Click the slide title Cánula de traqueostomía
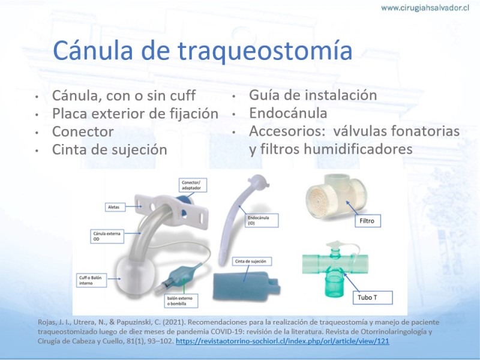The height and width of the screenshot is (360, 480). coord(202,50)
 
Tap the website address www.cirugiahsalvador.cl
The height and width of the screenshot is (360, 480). coord(425,8)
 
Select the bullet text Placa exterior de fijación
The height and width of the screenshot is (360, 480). coord(135,113)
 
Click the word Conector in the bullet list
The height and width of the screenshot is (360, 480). coord(83,131)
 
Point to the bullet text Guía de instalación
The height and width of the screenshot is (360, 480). coord(313,95)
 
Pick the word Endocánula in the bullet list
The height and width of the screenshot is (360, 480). coord(288,113)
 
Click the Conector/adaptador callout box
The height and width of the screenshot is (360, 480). coord(193,185)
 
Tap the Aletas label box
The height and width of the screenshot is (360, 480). coord(115,207)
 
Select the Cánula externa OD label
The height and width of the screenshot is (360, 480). coord(107,236)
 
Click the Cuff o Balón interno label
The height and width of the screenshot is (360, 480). coord(91,280)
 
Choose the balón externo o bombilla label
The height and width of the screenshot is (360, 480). coord(181,301)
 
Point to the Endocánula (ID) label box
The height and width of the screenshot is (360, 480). coord(262,220)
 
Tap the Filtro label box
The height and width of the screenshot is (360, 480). coord(368,221)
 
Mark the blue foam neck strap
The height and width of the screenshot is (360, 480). coord(247,286)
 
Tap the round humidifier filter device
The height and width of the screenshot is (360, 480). coord(335,197)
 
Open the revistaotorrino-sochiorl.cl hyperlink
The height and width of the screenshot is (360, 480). coord(282,341)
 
